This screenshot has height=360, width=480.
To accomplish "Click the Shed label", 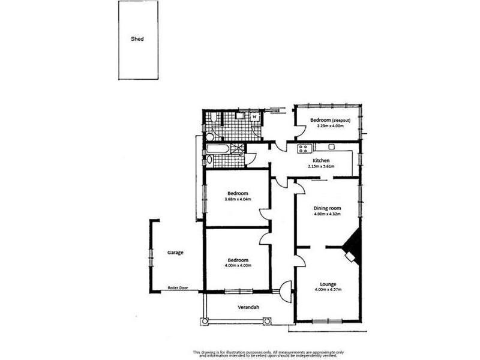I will click(137, 39).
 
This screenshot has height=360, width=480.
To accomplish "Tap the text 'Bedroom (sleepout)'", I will click(327, 120).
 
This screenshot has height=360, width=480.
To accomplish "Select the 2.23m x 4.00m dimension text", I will click(327, 126).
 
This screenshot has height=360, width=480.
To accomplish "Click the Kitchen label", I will click(320, 160).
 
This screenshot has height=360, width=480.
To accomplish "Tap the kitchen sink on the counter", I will click(331, 148).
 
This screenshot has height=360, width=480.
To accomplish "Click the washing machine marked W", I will click(254, 117).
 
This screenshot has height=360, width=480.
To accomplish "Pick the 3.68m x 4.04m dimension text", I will click(237, 199).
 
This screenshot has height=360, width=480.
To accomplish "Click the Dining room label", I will click(327, 208).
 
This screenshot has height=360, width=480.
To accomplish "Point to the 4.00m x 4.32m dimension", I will click(327, 214).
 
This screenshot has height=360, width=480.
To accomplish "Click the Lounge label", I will click(327, 284).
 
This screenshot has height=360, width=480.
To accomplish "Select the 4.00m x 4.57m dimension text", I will click(327, 290).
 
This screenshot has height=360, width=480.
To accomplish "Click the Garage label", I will click(175, 253).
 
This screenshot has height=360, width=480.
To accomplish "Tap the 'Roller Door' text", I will click(178, 288).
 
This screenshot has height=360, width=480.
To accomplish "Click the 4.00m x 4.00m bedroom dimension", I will click(237, 265).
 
